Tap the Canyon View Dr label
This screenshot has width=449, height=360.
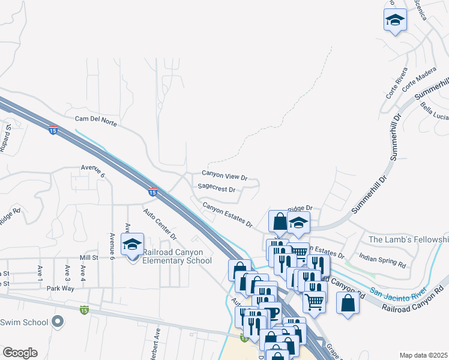(x=224, y=175)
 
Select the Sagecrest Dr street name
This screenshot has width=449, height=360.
(x=216, y=188)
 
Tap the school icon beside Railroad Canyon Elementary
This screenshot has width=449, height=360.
(x=132, y=244)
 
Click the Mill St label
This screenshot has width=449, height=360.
(x=88, y=257)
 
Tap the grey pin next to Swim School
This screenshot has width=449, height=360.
(x=58, y=322)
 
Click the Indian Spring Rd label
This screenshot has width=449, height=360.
(x=382, y=260)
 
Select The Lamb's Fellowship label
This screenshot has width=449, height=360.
(x=408, y=239)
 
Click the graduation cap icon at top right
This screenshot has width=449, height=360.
(x=395, y=20)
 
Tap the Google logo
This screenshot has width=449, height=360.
(x=20, y=352)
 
